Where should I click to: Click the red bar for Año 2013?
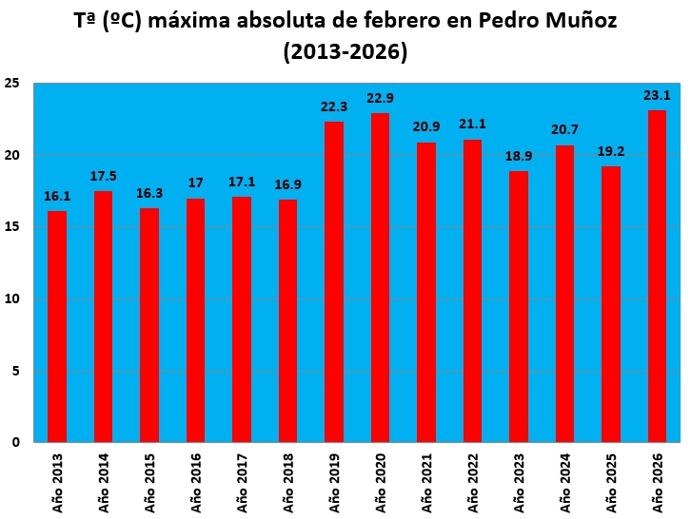[x=57, y=326]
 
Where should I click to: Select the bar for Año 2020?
[x=381, y=278]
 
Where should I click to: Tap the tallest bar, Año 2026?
[x=657, y=276]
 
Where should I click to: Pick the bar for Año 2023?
[x=519, y=306]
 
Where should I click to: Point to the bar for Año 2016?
[x=196, y=320]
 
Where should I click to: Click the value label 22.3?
[x=334, y=106]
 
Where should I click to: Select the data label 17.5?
[x=104, y=176]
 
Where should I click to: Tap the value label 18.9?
[x=519, y=156]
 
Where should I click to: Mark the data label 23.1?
[x=657, y=95]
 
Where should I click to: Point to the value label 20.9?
[x=426, y=127]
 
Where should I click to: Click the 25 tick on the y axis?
[x=12, y=84]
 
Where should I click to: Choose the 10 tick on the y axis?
[x=12, y=298]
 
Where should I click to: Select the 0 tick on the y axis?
[x=16, y=442]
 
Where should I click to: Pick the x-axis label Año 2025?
[x=611, y=480]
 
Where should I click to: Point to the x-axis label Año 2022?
[x=473, y=480]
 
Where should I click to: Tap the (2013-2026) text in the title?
[x=345, y=52]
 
